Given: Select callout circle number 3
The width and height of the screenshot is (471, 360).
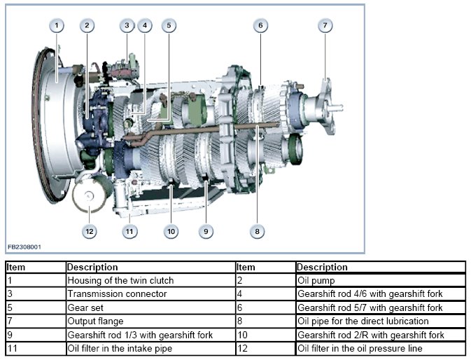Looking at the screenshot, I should click(127, 26).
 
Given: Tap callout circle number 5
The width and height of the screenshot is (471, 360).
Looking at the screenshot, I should click(168, 26).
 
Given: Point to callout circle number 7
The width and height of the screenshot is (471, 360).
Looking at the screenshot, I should click(324, 26).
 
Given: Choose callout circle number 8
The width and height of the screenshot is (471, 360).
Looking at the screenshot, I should click(258, 230).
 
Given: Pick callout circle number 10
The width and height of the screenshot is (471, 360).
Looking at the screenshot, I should click(171, 230).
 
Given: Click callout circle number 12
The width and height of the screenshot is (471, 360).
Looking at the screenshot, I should click(89, 230).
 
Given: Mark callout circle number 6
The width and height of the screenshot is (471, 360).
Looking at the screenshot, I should click(260, 26).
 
